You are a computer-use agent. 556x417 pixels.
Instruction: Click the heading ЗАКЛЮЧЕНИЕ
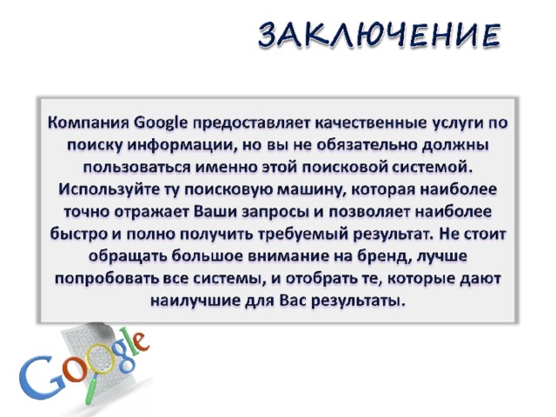click(x=380, y=35)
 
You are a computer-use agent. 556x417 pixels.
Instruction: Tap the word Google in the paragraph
click(x=162, y=123)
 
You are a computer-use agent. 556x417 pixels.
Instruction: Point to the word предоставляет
click(x=252, y=123)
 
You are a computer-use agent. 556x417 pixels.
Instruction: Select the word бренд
click(x=384, y=257)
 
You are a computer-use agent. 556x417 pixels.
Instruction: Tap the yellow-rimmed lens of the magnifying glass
click(x=102, y=360)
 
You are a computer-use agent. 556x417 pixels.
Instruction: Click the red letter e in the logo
click(x=139, y=341)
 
